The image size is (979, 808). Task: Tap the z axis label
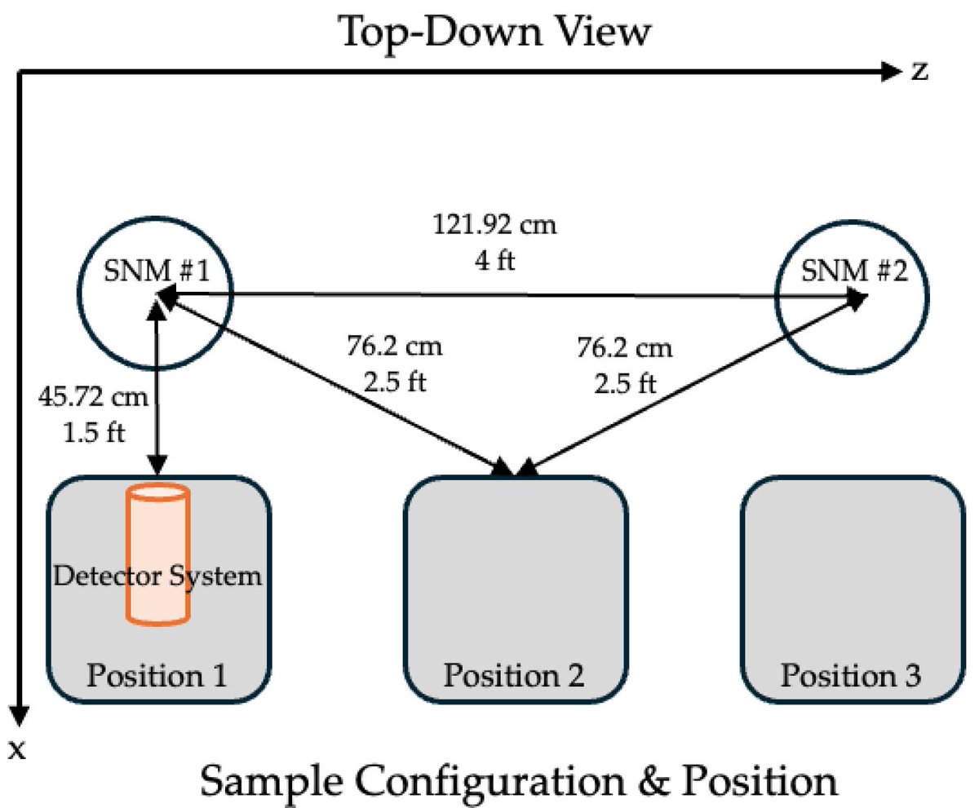click(x=919, y=72)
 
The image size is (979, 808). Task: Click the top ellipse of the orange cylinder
click(x=157, y=492)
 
